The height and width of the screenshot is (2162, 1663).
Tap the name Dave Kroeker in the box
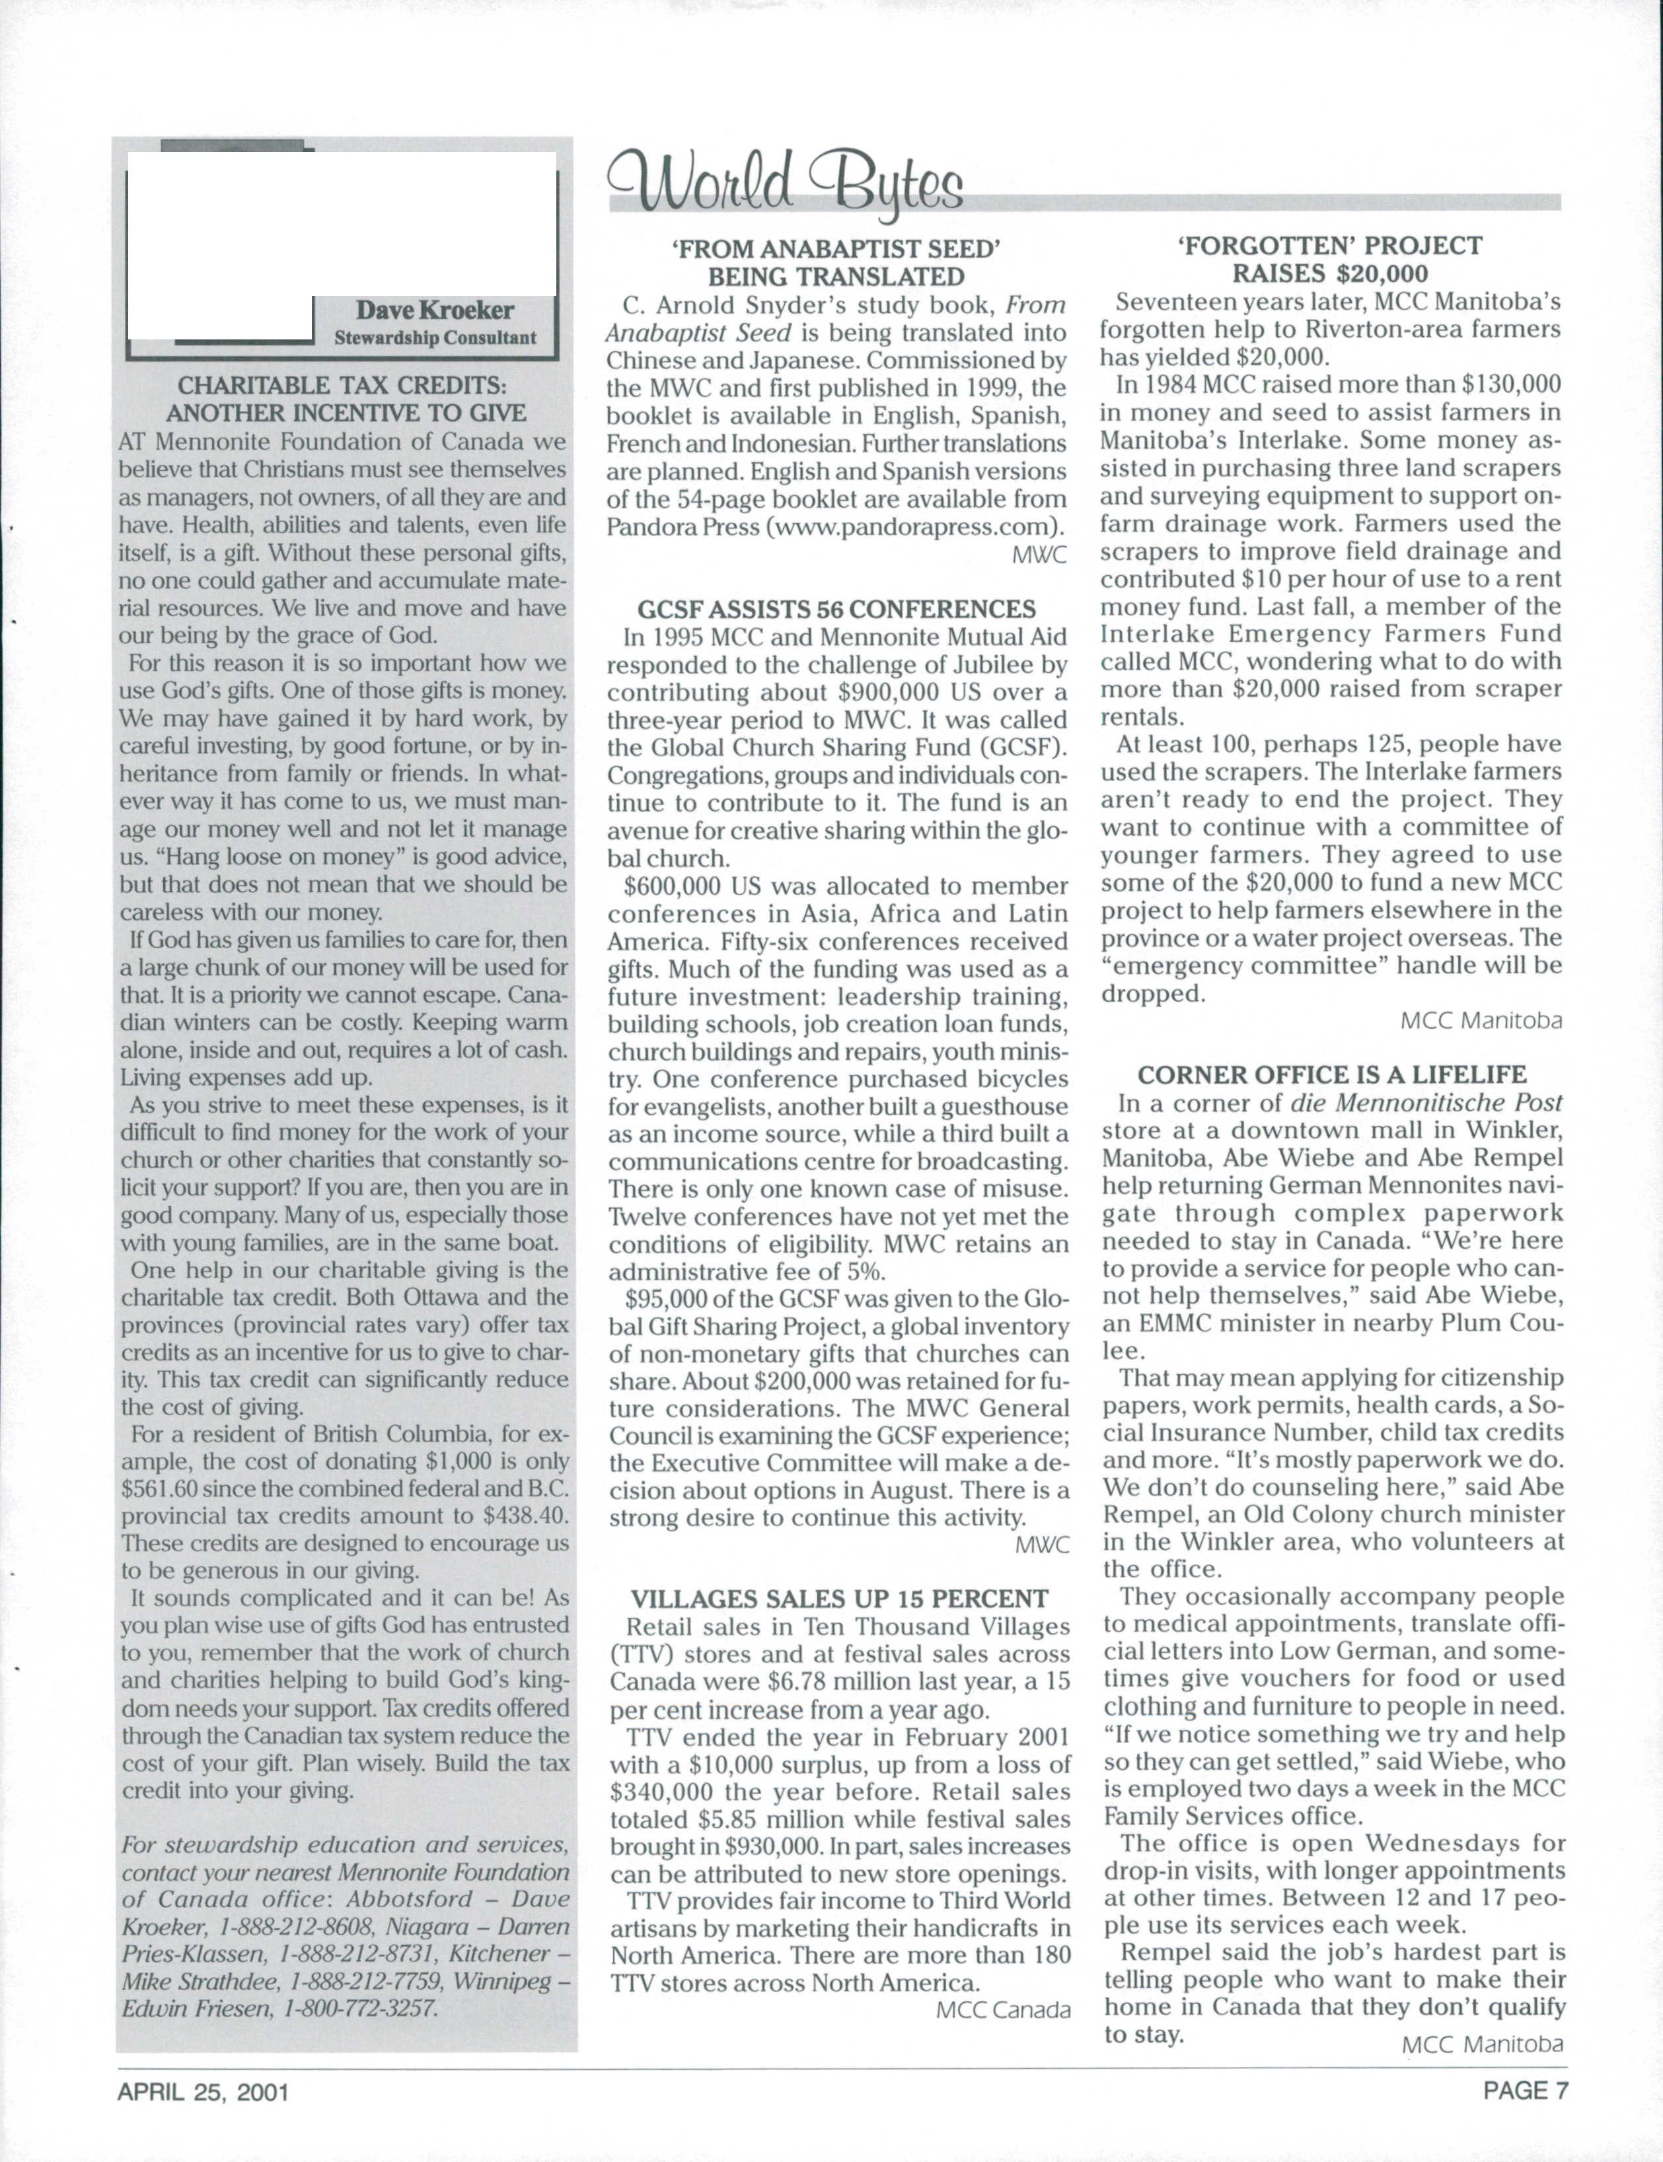[x=435, y=310]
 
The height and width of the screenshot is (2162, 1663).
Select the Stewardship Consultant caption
[x=435, y=337]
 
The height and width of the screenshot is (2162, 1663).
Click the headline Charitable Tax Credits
[x=346, y=399]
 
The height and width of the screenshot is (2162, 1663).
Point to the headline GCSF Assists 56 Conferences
[x=836, y=609]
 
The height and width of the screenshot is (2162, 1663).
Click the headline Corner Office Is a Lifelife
[x=1331, y=1074]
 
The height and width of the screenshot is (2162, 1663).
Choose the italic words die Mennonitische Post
[x=1425, y=1102]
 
